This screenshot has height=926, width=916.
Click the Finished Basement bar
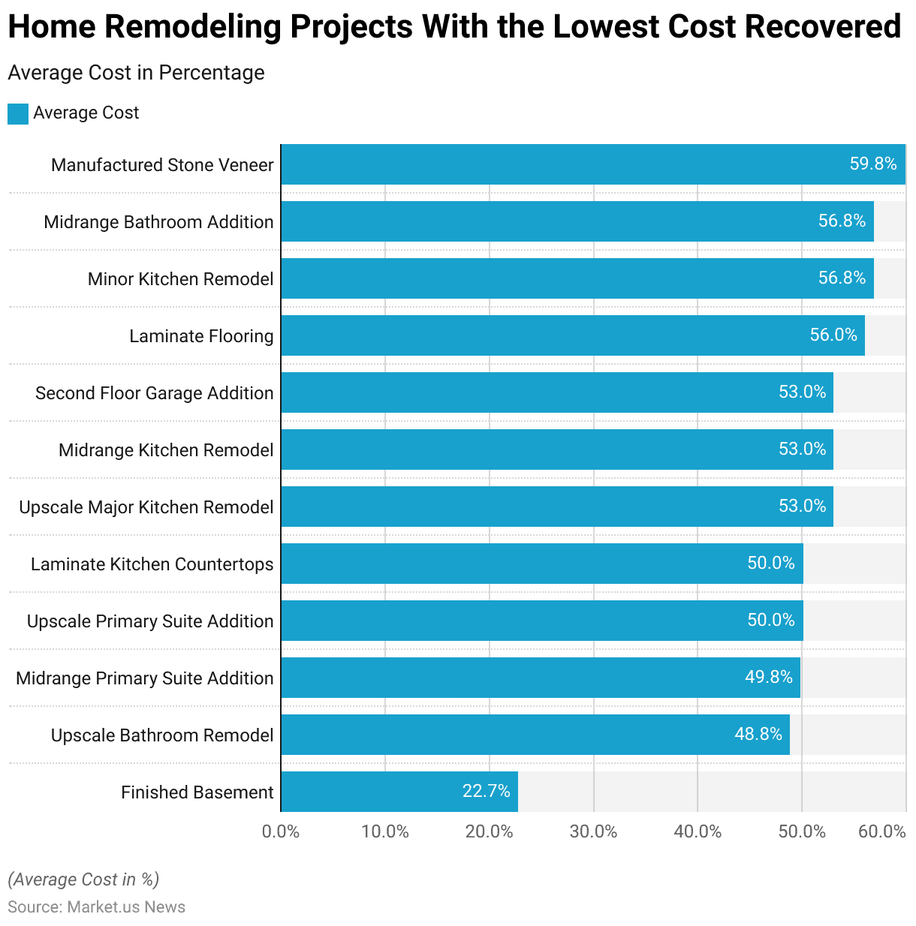(x=399, y=792)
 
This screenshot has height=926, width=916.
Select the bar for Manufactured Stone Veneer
(x=593, y=164)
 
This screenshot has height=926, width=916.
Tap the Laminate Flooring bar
(x=573, y=335)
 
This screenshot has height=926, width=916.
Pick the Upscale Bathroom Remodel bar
(x=535, y=735)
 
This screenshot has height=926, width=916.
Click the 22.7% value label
(x=486, y=791)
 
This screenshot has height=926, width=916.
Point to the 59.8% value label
(x=872, y=164)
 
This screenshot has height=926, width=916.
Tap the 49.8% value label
(x=768, y=677)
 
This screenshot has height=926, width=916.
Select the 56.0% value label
(x=833, y=335)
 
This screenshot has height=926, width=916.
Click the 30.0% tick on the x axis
(x=593, y=831)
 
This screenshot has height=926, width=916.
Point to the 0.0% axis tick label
(x=281, y=831)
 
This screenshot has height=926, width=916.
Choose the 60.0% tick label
(x=881, y=831)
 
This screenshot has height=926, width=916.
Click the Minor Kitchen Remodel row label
(x=180, y=279)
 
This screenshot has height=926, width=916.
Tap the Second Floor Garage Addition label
(x=154, y=393)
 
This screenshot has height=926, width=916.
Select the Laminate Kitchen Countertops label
(x=152, y=564)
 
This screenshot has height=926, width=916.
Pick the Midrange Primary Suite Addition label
(x=144, y=678)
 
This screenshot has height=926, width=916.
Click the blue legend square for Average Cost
(x=18, y=113)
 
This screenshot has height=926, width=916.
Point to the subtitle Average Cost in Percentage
(x=136, y=73)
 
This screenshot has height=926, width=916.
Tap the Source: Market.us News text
(x=96, y=906)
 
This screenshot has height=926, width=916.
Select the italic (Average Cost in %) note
(x=83, y=879)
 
